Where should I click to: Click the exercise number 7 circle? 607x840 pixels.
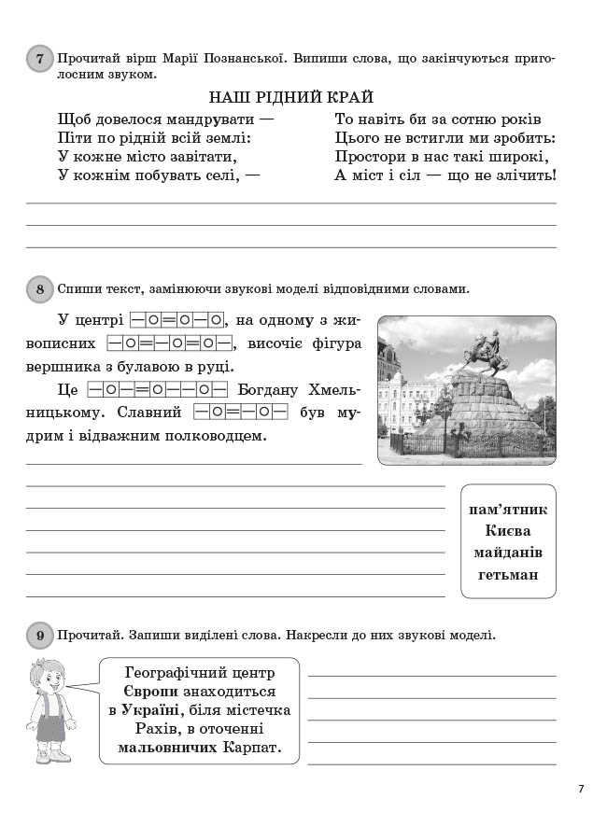pos(39,60)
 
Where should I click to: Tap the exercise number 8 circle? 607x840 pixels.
pos(39,289)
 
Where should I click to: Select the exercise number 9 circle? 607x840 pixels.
pos(39,637)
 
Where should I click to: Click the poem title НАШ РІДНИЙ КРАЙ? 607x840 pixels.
pos(290,97)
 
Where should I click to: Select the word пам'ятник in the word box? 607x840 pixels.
pos(508,510)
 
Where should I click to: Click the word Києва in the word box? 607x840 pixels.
pos(508,531)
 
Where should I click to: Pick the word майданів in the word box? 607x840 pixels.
pos(508,553)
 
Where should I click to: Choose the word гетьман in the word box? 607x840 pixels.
pos(508,574)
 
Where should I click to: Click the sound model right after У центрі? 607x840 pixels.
pos(177,319)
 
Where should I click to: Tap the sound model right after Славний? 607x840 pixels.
pos(241,412)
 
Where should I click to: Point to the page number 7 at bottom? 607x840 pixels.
pos(581,790)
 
